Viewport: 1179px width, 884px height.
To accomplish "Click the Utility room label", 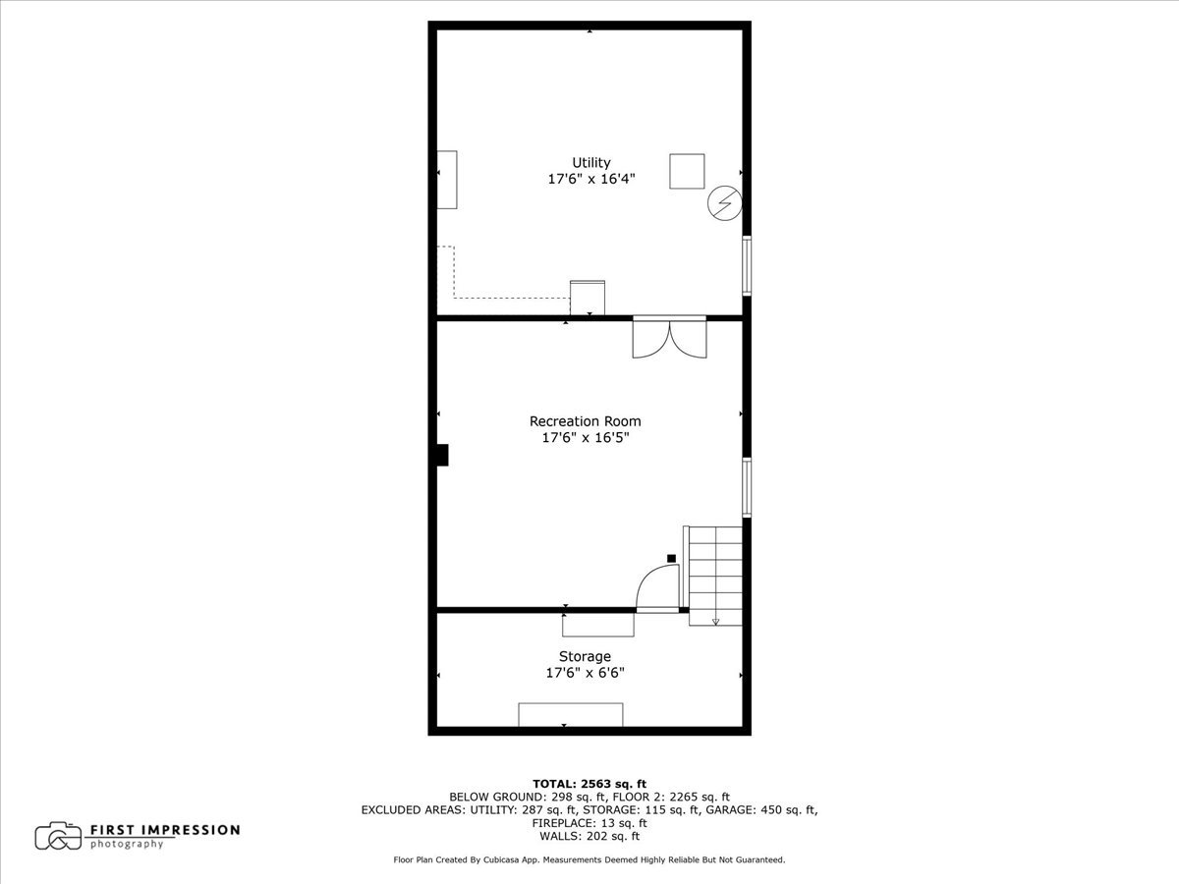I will (590, 163).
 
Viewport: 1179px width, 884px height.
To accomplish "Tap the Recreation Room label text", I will (585, 421).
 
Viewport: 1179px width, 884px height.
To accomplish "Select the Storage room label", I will (585, 656).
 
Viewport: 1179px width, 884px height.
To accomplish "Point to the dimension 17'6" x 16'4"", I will (590, 180).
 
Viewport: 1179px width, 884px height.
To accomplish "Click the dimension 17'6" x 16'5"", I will (585, 438).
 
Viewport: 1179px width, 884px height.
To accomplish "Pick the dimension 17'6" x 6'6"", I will (585, 673).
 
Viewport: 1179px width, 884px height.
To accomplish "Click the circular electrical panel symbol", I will (725, 204).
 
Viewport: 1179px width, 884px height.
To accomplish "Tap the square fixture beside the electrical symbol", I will (687, 171).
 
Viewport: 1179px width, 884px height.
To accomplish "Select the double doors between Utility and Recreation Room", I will (669, 338).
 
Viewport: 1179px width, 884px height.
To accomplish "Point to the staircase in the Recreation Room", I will (715, 576).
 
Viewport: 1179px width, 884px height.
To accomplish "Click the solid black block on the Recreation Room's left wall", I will (442, 455).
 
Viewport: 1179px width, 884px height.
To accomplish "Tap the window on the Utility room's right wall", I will (747, 265).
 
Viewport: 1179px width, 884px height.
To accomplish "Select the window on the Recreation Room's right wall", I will (747, 487).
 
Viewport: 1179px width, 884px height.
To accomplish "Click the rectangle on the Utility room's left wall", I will (447, 180).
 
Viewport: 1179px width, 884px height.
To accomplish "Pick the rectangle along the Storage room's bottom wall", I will (570, 714).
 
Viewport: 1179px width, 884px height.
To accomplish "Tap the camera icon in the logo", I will (58, 836).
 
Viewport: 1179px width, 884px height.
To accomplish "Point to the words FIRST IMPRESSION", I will (165, 830).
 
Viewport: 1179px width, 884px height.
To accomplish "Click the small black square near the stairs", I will (672, 558).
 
